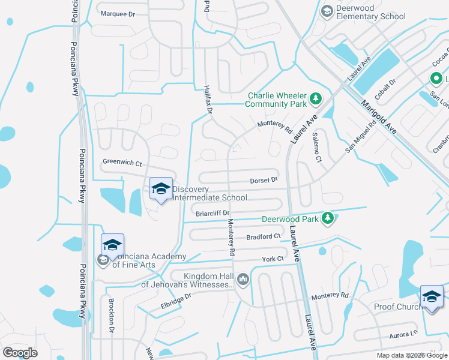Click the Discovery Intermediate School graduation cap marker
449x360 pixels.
coord(161,190)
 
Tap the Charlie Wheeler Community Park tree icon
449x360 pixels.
coord(316,98)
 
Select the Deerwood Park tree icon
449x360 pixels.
coord(328,219)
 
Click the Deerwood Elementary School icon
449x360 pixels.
coord(327,11)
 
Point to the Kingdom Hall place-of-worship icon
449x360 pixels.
coord(243,279)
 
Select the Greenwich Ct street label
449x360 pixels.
coord(122,162)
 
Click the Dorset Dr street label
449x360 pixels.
coord(264,179)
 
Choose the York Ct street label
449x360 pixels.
coord(273,259)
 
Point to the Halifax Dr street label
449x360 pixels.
coord(208,100)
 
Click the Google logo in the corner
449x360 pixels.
coord(20,353)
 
